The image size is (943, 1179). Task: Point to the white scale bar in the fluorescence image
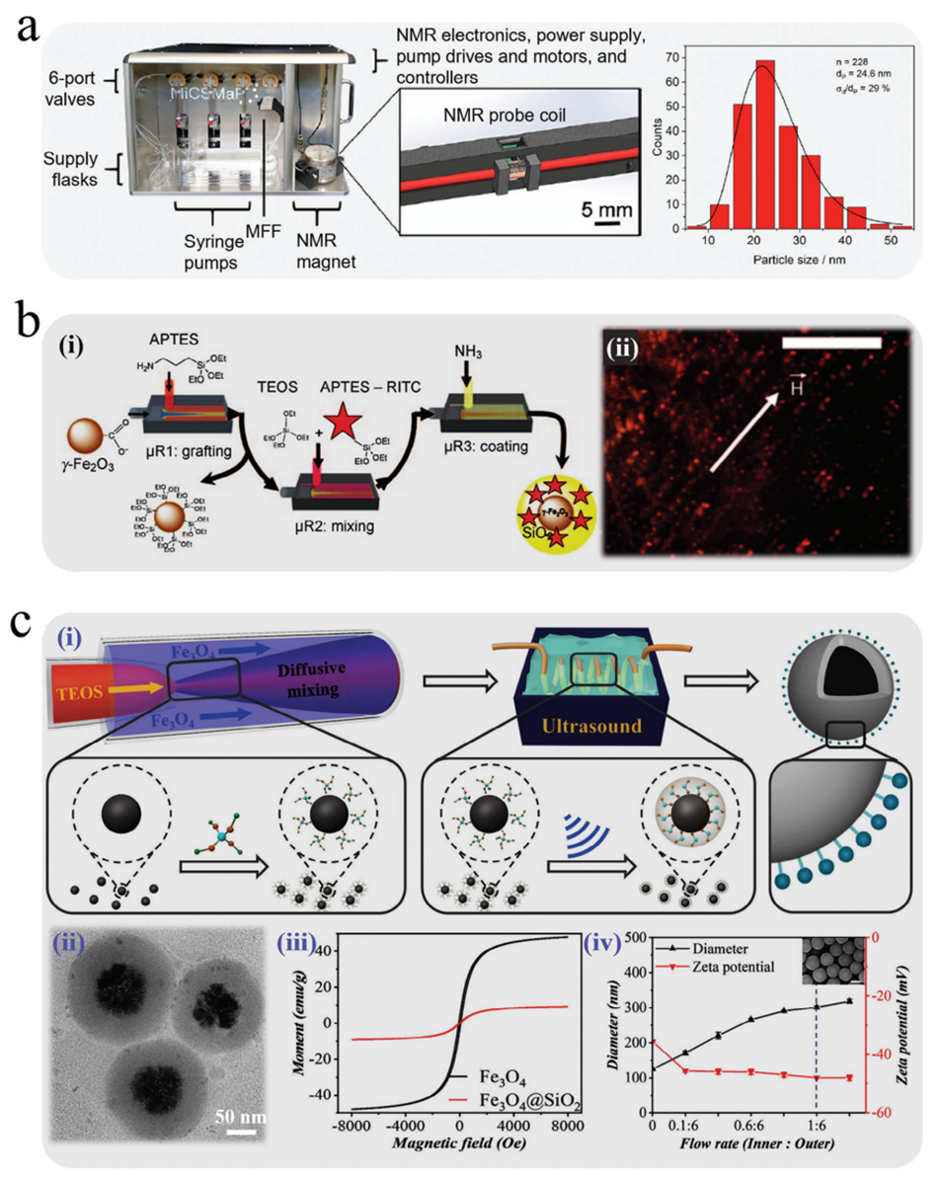[x=830, y=342]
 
